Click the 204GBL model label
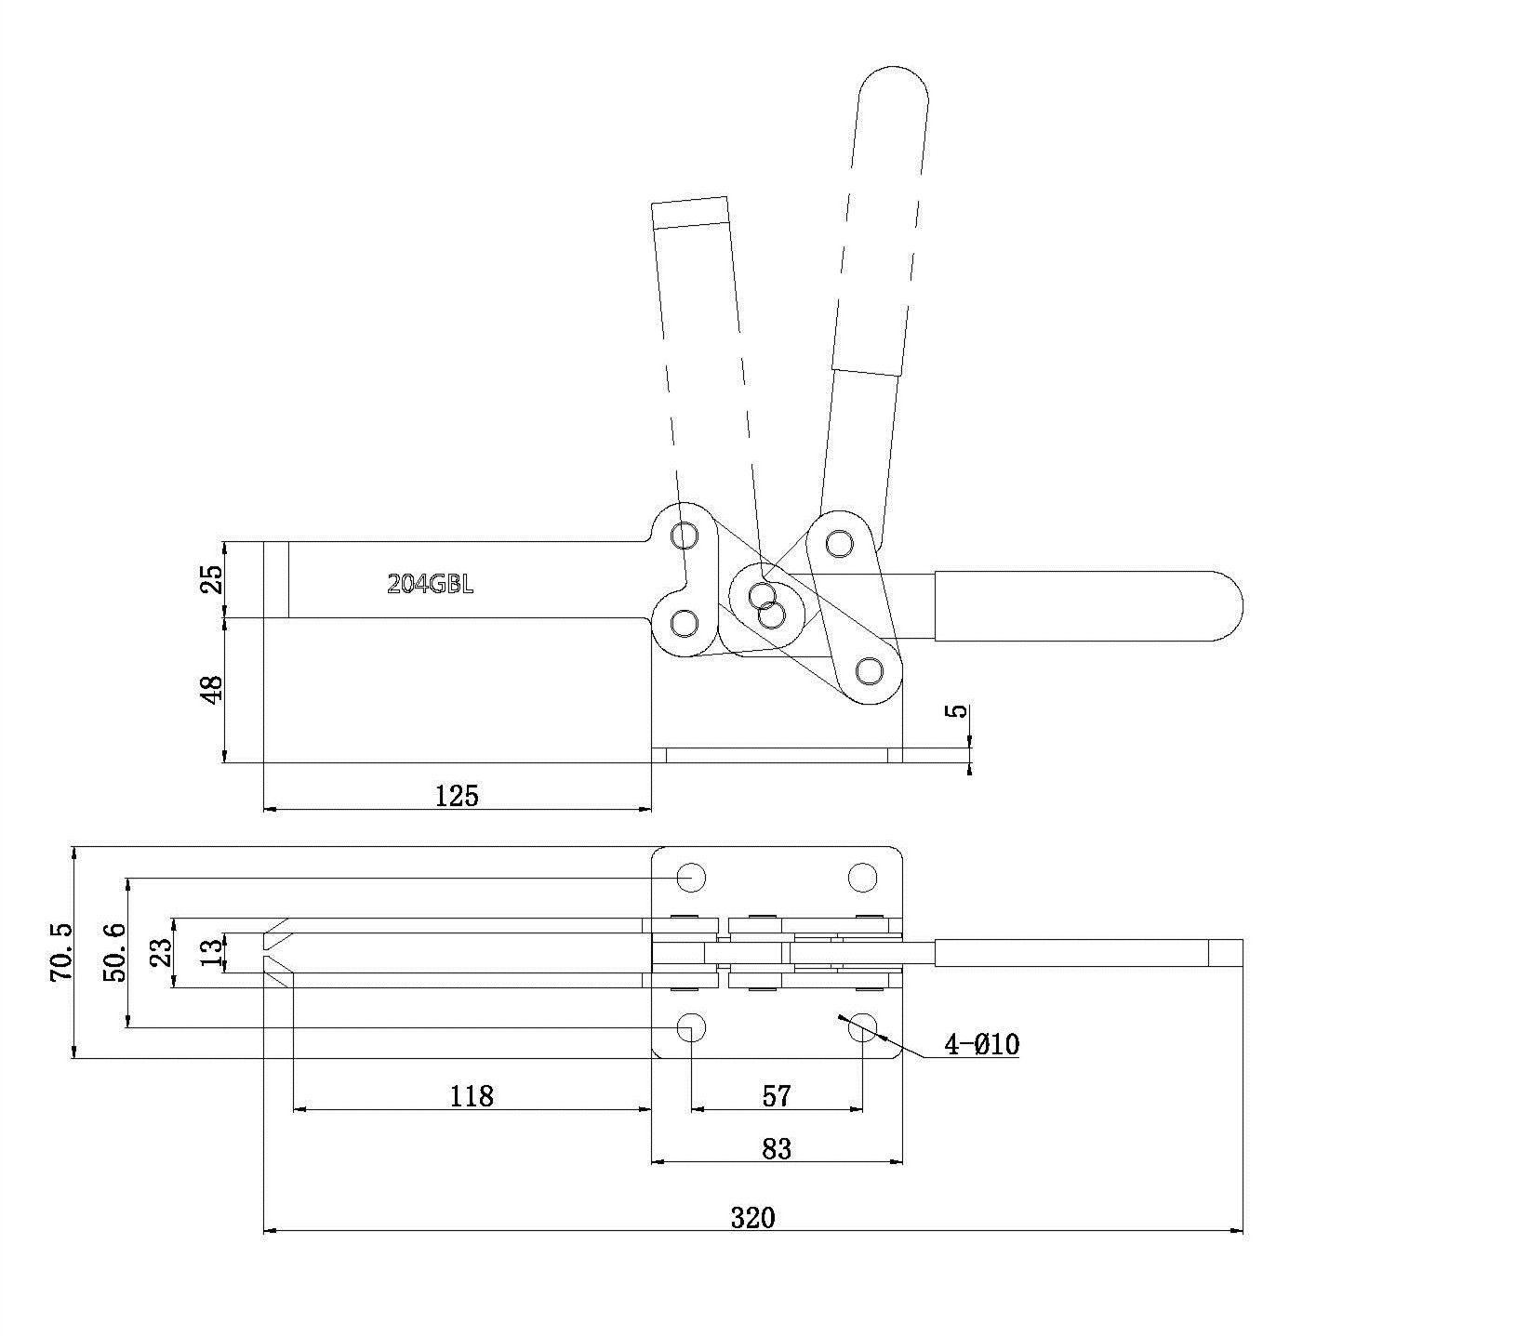pyautogui.click(x=430, y=584)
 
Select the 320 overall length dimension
pyautogui.click(x=752, y=1217)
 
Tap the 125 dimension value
pyautogui.click(x=457, y=795)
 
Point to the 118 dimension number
pyautogui.click(x=472, y=1096)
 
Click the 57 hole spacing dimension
pyautogui.click(x=777, y=1096)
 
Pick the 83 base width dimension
pyautogui.click(x=777, y=1149)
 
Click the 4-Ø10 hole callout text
pyautogui.click(x=982, y=1045)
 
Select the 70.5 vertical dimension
pyautogui.click(x=61, y=952)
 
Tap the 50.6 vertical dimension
pyautogui.click(x=114, y=952)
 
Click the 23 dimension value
pyautogui.click(x=161, y=952)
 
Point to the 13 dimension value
pyautogui.click(x=213, y=952)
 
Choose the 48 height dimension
pyautogui.click(x=213, y=689)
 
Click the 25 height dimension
pyautogui.click(x=213, y=579)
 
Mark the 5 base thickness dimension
pyautogui.click(x=956, y=711)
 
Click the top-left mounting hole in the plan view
pyautogui.click(x=691, y=877)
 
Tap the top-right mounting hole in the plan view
pyautogui.click(x=863, y=877)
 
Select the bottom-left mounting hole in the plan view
pyautogui.click(x=691, y=1027)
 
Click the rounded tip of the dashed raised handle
pyautogui.click(x=893, y=71)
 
